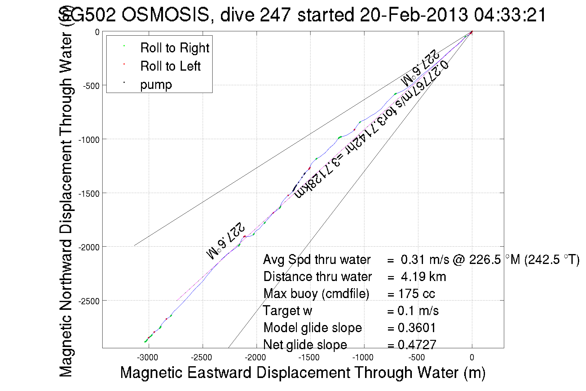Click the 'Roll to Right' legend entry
coord(174,48)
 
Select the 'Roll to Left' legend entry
coord(170,66)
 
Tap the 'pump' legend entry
coord(156,84)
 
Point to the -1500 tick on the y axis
coord(89,194)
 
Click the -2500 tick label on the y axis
coord(89,301)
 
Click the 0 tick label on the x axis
coord(472,358)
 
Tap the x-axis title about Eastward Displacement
coord(302,372)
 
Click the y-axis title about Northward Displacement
coord(66,204)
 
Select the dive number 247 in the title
coord(275,15)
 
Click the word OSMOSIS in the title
coord(165,15)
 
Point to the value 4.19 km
coord(423,277)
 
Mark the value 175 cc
coord(416,294)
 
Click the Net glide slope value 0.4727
coord(417,345)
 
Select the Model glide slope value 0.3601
coord(417,327)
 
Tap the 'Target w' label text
coord(287,311)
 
